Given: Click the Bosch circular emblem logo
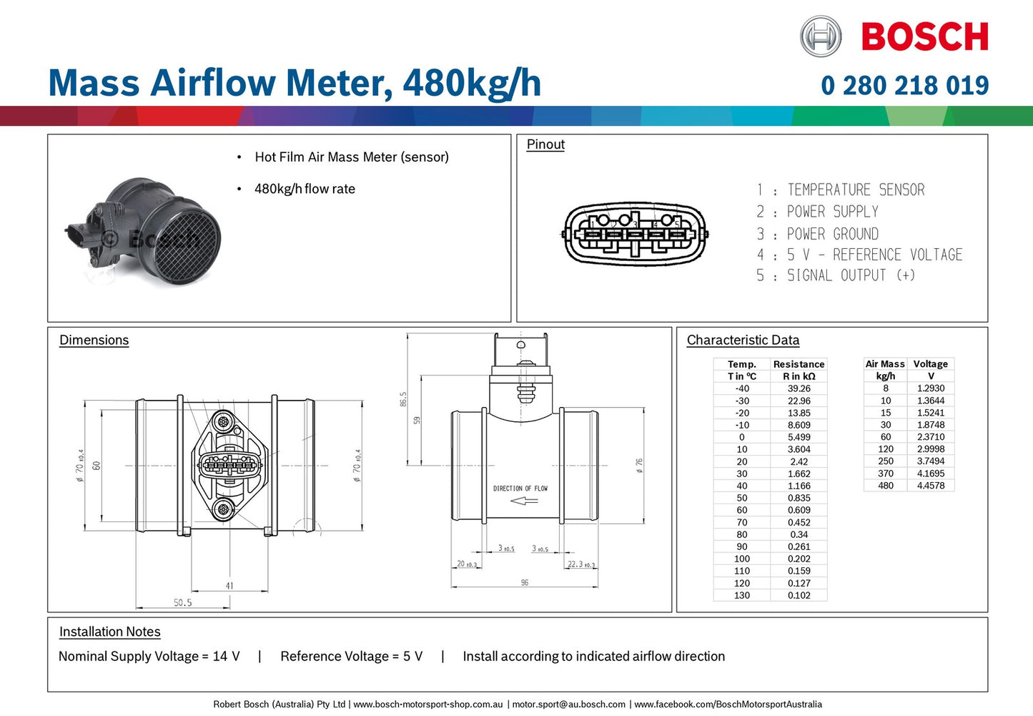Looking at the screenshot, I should pos(820,36).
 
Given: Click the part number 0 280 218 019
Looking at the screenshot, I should pos(904,86).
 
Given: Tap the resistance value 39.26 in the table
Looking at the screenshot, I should pos(799,388).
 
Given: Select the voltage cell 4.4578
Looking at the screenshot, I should pos(930,486).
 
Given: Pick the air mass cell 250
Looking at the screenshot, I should pos(885,461).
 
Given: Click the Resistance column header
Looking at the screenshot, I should pos(799,364).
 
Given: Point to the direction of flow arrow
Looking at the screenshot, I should pos(524,501).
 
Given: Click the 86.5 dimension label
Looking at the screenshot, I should pos(403,399).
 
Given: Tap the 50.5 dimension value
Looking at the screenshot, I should pos(183,603).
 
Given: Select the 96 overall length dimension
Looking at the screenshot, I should pos(525,583).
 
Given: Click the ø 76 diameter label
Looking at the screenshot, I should pos(639,466).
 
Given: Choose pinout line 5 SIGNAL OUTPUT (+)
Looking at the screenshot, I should pos(836,275).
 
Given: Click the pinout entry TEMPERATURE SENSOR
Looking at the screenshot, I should pos(855,190).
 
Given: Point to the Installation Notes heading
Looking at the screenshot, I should pos(109,632).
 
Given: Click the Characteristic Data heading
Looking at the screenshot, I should pos(743,340).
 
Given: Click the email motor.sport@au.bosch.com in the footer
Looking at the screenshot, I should pos(568,705).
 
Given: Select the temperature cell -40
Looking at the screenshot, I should pos(742,388).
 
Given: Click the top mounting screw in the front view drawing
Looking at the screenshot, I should pos(224,421).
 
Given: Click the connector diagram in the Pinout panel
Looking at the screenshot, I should pos(635,234).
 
